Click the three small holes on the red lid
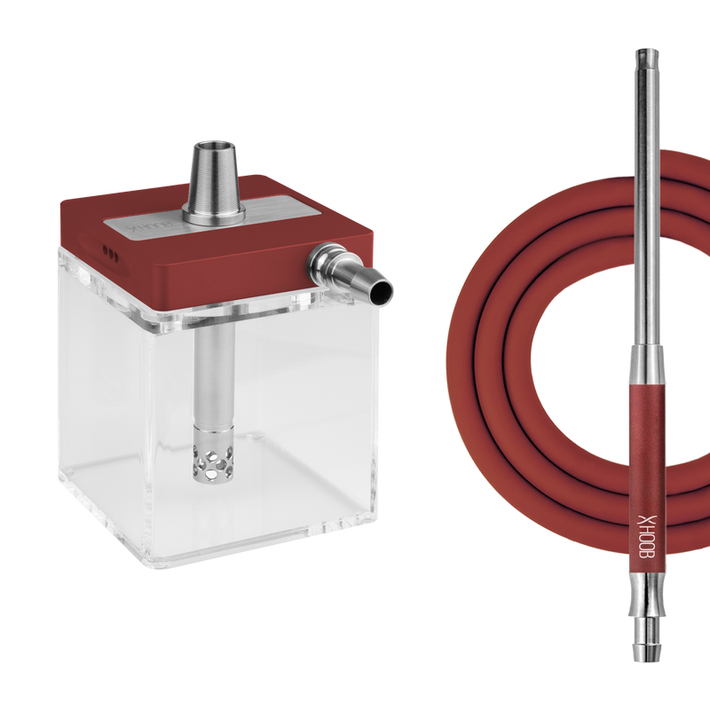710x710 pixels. pyautogui.click(x=111, y=251)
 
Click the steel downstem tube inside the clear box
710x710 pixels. pyautogui.click(x=211, y=373)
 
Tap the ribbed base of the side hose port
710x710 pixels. pyautogui.click(x=324, y=261)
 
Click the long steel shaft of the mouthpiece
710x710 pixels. pyautogui.click(x=643, y=222)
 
